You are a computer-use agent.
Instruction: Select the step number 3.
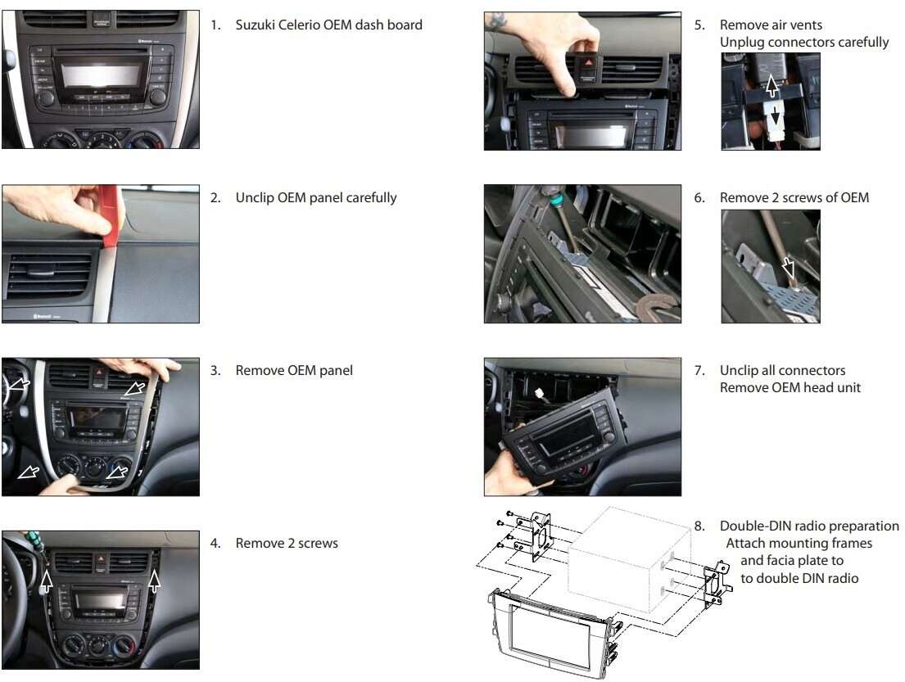click(215, 370)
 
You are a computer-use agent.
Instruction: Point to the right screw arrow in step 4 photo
click(154, 581)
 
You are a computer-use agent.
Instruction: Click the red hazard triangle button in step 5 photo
click(588, 63)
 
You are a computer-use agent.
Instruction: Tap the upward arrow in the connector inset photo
click(772, 87)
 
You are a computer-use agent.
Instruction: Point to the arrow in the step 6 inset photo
click(788, 268)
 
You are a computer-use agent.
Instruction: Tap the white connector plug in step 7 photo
click(540, 394)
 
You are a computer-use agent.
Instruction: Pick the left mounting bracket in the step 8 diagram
click(538, 535)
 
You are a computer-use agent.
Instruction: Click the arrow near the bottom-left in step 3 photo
click(29, 472)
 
